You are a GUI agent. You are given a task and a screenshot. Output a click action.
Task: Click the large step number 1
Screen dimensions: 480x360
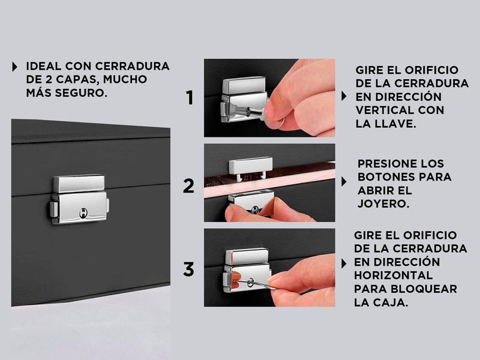(190, 98)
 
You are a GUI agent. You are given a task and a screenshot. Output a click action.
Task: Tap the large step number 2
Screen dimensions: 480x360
(188, 186)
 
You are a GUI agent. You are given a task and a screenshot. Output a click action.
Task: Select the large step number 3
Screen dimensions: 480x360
(188, 269)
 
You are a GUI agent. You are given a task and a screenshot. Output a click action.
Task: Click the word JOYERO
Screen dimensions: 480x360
(383, 203)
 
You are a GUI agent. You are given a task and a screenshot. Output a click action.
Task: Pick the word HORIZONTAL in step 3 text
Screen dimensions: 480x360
(393, 275)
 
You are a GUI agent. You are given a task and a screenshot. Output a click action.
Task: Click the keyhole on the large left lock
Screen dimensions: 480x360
(83, 212)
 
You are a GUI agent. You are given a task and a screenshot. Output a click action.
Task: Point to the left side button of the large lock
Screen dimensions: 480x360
(54, 209)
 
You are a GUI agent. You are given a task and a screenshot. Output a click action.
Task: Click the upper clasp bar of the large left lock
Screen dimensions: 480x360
(79, 184)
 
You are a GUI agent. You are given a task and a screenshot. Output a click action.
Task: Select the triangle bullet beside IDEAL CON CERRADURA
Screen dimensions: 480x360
(14, 67)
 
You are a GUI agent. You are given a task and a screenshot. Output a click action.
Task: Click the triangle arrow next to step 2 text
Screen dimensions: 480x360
(344, 182)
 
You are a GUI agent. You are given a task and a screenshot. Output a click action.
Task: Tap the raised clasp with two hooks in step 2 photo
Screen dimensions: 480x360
(250, 167)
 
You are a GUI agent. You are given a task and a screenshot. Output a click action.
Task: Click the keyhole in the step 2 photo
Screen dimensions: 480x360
(254, 209)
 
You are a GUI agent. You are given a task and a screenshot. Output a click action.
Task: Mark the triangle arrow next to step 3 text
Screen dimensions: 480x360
(344, 263)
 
